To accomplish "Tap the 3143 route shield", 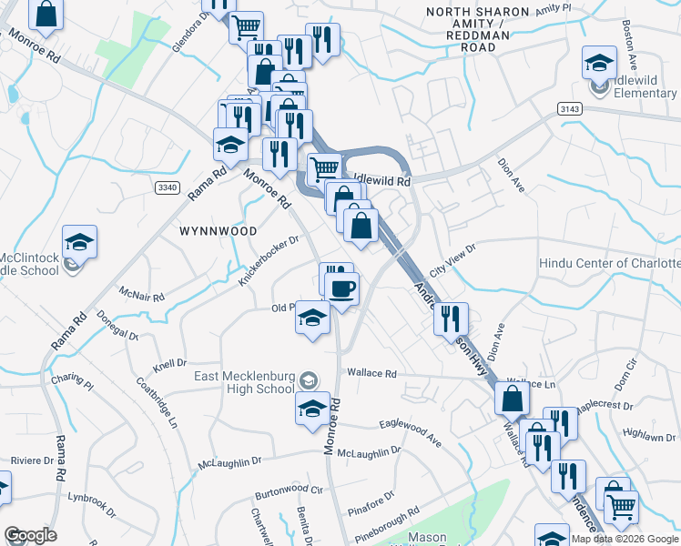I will click(568, 108).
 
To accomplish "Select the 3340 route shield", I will click(167, 187).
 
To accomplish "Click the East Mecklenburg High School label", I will click(244, 382).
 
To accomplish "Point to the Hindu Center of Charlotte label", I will click(609, 263).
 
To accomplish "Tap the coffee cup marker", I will click(342, 290).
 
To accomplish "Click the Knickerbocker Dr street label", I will click(269, 261).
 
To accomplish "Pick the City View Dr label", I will click(452, 259).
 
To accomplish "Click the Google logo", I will click(30, 534).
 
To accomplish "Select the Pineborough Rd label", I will click(381, 524).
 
